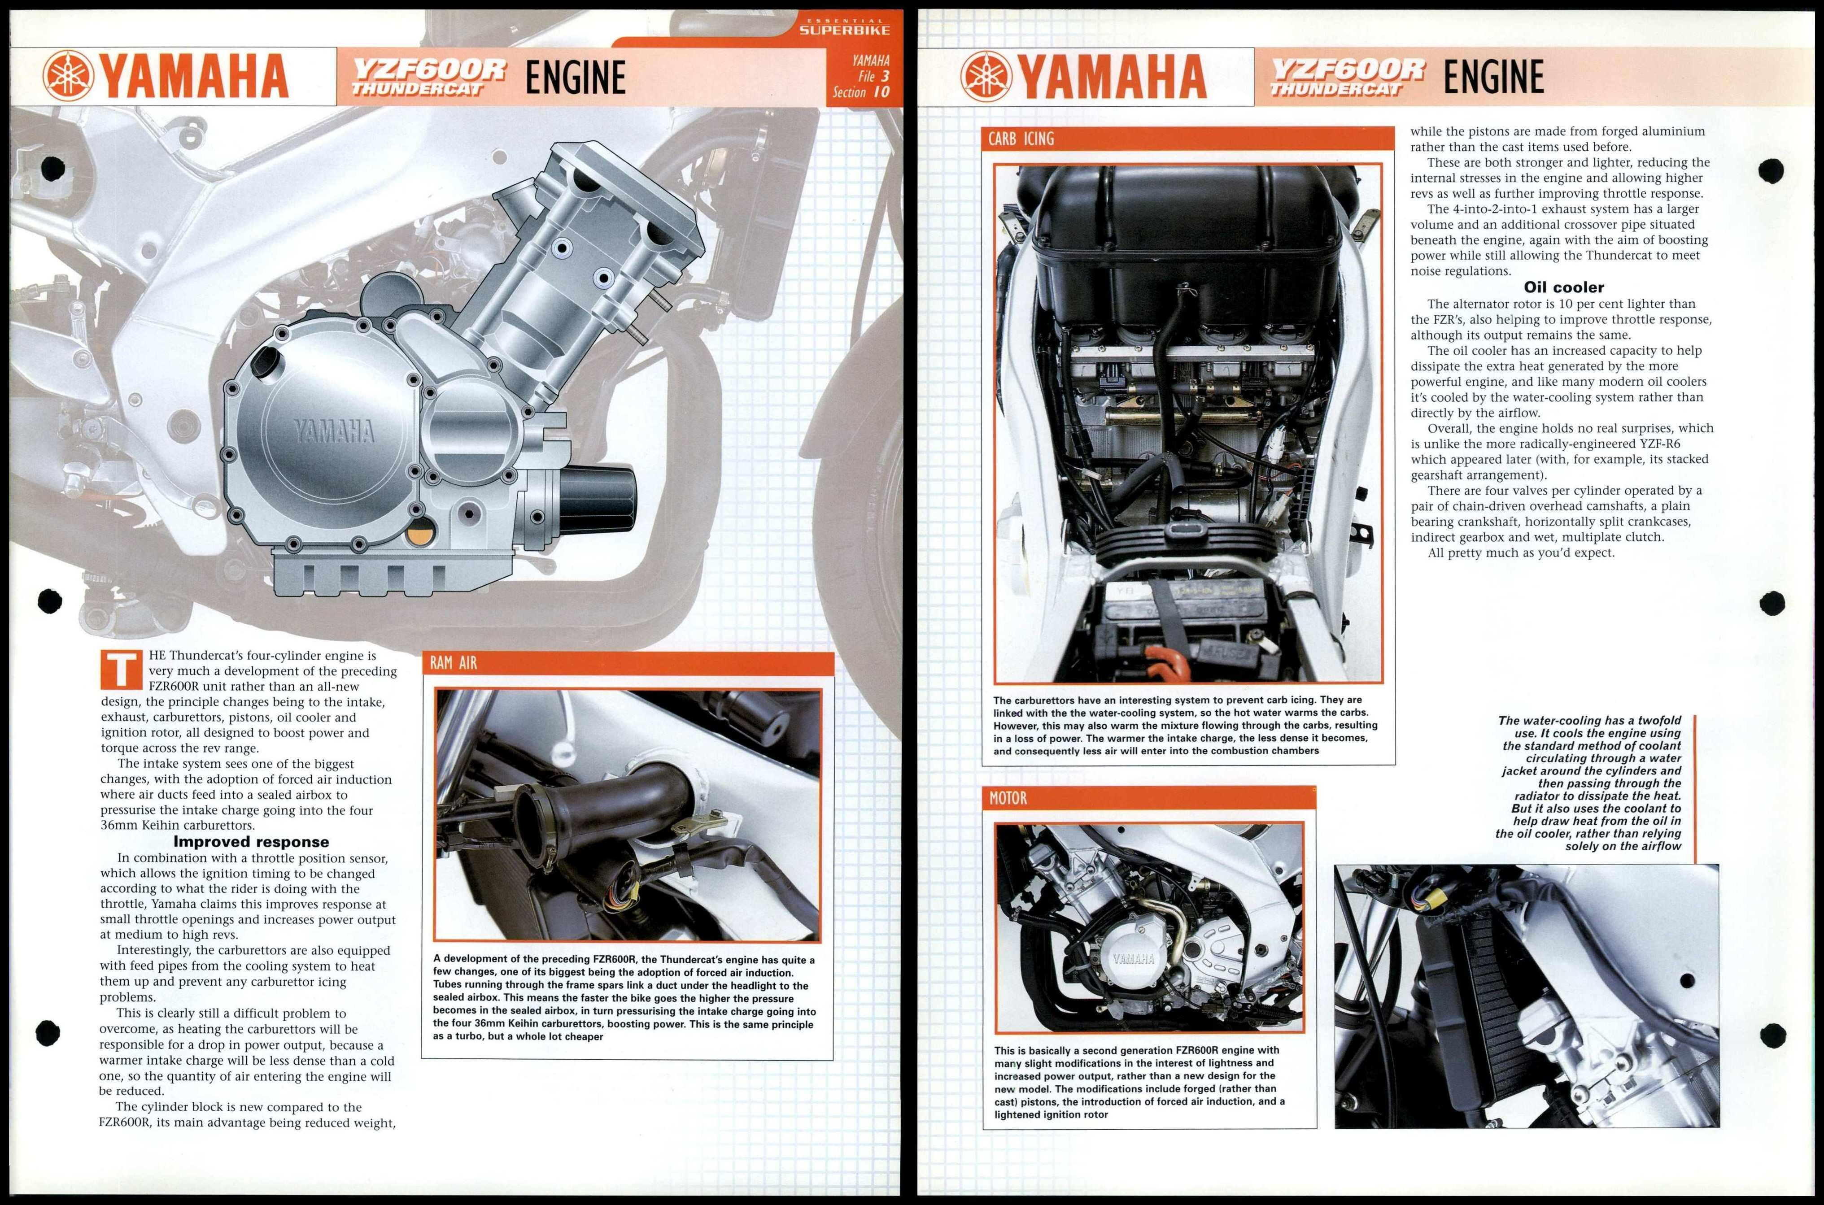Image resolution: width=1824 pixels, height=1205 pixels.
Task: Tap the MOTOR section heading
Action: coord(1008,798)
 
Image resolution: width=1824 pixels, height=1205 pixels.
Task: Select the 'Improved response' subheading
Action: coord(251,841)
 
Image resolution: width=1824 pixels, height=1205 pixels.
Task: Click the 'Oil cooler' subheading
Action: coord(1563,287)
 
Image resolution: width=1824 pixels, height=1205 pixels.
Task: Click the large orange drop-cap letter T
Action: coord(122,670)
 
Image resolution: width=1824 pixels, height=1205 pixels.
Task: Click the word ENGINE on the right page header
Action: coord(1493,77)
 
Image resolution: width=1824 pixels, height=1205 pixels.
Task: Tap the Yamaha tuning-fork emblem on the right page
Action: coord(986,76)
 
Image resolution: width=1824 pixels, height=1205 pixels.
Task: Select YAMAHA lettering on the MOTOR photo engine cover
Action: coord(1134,958)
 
